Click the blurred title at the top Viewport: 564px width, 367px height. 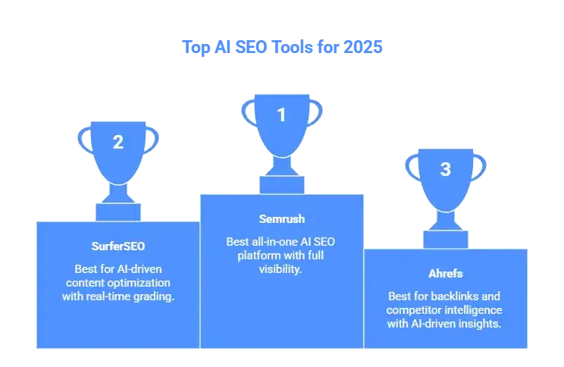coord(282,47)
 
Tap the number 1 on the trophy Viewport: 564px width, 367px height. coord(281,115)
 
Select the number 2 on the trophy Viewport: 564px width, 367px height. coord(117,142)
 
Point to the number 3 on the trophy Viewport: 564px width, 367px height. coord(446,169)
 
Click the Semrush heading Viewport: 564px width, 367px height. coord(281,220)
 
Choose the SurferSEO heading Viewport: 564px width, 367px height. coord(117,247)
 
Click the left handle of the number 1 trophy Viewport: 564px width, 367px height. coord(248,114)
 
